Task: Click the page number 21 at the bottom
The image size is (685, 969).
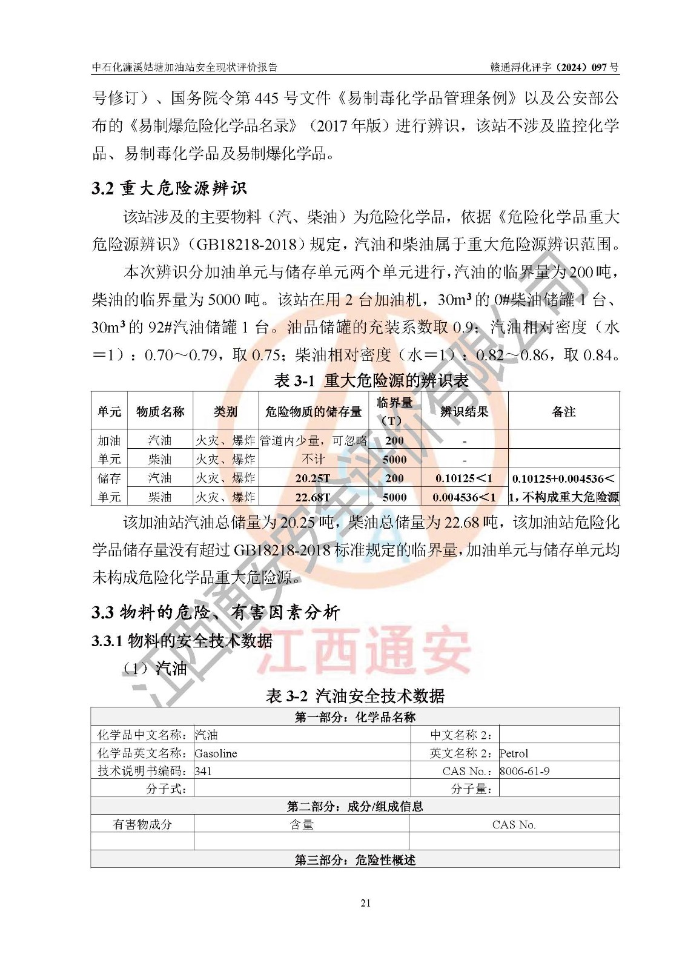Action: coord(365,903)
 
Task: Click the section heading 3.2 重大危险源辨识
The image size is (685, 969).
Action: coord(170,188)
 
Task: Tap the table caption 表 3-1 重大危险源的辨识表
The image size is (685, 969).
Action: coord(371,380)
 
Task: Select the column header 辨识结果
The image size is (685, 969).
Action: coord(464,412)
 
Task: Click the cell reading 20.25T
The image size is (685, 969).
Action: coord(313,478)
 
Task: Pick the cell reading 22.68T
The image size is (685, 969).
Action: coord(313,497)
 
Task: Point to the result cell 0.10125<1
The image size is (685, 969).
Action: coord(464,478)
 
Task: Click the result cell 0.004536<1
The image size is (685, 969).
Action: coord(464,497)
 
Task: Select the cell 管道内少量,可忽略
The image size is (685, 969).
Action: coord(313,440)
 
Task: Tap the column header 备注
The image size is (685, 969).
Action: coord(563,412)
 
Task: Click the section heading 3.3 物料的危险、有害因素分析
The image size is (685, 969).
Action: coord(216,612)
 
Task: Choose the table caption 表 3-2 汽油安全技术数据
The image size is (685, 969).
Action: coord(355,696)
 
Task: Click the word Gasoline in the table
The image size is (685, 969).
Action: coord(216,753)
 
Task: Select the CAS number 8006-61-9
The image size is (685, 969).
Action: coord(525,772)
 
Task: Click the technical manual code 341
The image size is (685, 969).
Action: coord(204,772)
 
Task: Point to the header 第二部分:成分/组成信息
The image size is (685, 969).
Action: coord(355,806)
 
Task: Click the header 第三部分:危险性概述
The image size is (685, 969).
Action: coord(355,860)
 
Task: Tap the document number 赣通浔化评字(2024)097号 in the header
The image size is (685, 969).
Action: coord(554,67)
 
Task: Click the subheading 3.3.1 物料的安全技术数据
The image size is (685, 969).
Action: coord(182,641)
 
